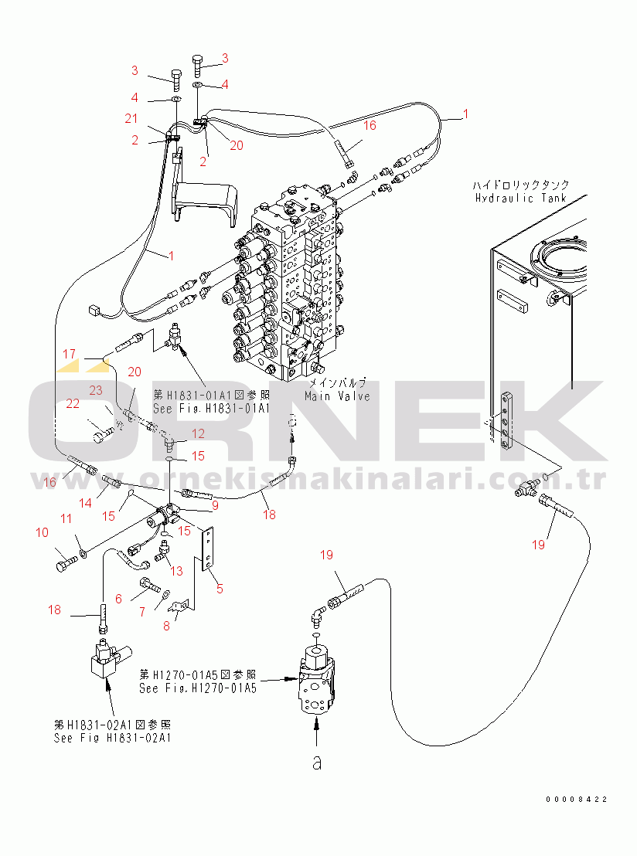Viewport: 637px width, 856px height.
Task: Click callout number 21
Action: click(131, 117)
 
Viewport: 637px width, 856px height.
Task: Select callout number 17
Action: click(70, 355)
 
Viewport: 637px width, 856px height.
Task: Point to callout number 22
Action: click(73, 403)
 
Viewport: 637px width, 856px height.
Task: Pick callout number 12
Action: click(199, 433)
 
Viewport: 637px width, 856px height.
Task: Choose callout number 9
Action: click(215, 506)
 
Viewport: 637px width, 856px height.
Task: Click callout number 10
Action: click(42, 532)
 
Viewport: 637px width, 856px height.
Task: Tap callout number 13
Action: click(176, 570)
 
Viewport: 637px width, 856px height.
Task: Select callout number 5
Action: click(220, 588)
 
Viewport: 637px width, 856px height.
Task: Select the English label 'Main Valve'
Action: click(337, 396)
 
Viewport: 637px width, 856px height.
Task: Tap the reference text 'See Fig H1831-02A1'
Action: click(112, 737)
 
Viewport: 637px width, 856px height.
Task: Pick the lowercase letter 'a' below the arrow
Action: click(316, 763)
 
